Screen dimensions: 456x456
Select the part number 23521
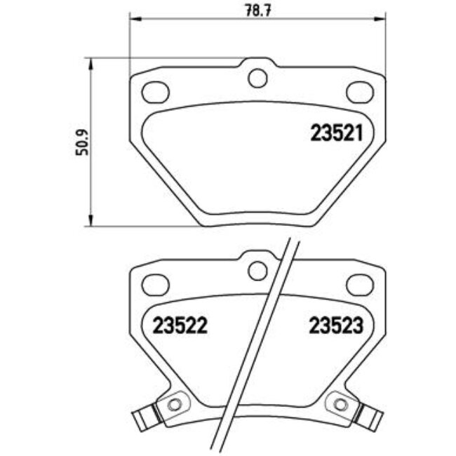pyautogui.click(x=336, y=133)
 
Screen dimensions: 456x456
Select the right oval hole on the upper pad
pyautogui.click(x=360, y=92)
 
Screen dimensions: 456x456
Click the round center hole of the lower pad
pyautogui.click(x=257, y=269)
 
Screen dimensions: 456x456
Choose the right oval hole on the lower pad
pyautogui.click(x=360, y=284)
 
